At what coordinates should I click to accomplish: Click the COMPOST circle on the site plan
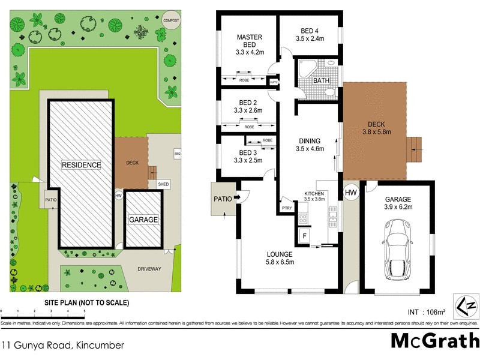(172, 20)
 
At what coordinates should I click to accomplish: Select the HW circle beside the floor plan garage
(350, 192)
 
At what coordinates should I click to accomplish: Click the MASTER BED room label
(250, 41)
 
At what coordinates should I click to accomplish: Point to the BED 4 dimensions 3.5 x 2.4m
(310, 38)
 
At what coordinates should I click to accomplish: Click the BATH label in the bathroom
(322, 80)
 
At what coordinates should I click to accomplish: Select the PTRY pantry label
(286, 208)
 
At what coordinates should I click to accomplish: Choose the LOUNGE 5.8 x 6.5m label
(281, 257)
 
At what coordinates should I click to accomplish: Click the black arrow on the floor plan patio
(237, 196)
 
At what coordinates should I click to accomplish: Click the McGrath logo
(434, 340)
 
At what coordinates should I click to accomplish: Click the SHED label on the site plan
(163, 184)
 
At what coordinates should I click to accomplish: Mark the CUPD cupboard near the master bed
(274, 83)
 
